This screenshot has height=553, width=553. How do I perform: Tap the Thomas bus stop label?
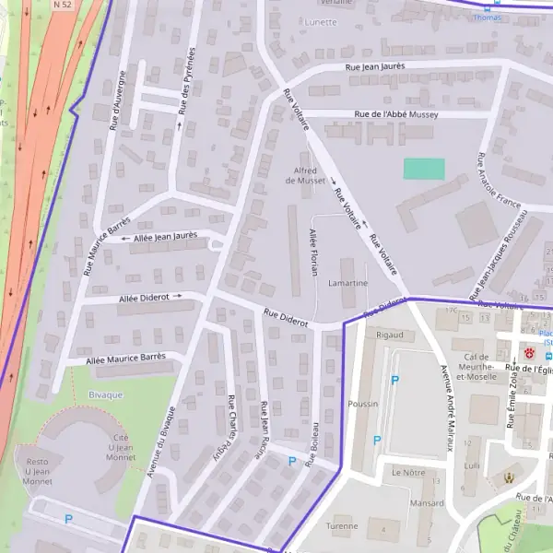487,17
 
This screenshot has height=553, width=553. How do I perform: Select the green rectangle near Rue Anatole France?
424,169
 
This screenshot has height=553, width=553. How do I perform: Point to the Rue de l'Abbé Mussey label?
396,114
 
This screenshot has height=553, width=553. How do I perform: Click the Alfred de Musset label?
305,175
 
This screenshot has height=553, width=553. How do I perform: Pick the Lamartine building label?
348,283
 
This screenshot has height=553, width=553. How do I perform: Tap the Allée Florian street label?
314,253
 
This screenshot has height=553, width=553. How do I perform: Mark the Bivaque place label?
104,394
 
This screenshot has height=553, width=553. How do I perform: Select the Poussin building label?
363,404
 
